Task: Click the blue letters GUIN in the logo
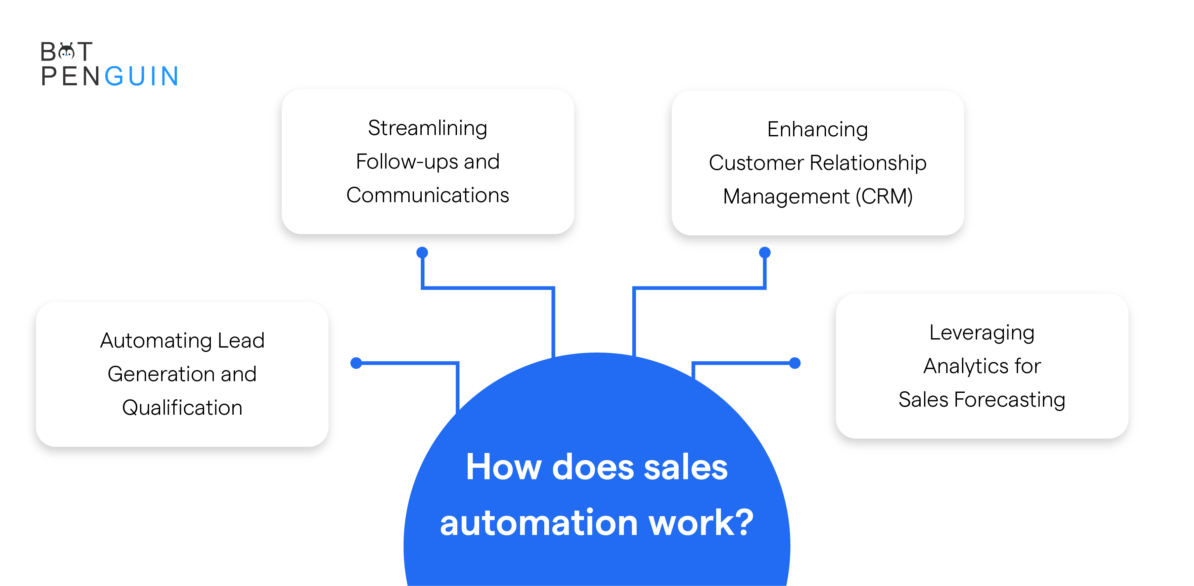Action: click(141, 76)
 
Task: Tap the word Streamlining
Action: click(427, 128)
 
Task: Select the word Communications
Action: click(427, 195)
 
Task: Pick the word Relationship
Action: click(868, 163)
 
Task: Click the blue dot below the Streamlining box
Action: click(422, 253)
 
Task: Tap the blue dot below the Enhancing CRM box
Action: click(765, 253)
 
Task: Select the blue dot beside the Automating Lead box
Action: click(356, 363)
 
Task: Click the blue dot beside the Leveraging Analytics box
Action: click(795, 363)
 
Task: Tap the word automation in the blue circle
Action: click(539, 523)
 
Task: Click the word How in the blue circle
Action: click(504, 467)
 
